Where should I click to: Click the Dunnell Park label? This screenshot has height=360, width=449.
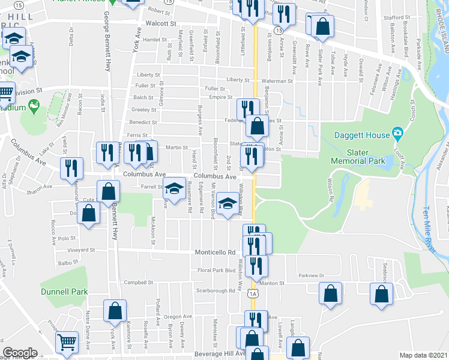pos(64,292)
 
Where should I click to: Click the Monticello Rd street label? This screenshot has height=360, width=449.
pos(214,253)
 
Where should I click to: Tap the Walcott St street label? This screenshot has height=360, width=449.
pos(161,23)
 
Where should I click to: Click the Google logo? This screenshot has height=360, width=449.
pos(20,353)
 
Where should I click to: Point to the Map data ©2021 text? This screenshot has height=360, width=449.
pos(424,354)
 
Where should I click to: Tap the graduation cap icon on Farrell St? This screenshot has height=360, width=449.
pos(174,188)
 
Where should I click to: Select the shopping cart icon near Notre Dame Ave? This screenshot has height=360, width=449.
pos(67,341)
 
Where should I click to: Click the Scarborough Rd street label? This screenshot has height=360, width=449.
pos(215,291)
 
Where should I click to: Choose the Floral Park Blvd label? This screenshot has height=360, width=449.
pos(217,271)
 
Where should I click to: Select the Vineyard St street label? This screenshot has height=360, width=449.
pos(81,250)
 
